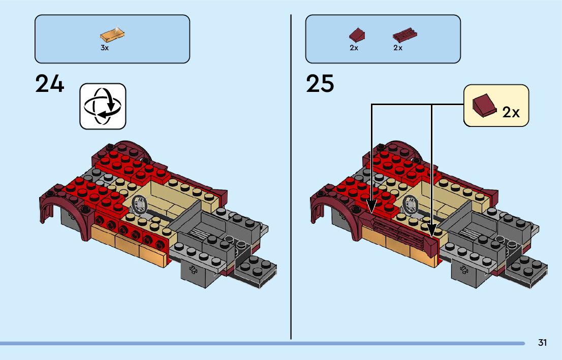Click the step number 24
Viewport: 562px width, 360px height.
(50, 84)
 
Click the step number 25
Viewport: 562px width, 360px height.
(320, 84)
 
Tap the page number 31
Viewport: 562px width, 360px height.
(542, 343)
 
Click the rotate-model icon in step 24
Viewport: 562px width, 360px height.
(103, 106)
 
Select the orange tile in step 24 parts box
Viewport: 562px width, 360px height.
(113, 35)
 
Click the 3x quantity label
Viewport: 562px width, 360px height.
(105, 48)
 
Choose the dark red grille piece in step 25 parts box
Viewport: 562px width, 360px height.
(404, 36)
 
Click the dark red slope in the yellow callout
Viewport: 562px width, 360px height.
(483, 105)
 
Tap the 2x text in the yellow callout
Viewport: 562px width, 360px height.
(511, 112)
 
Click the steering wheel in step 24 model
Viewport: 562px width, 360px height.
(140, 205)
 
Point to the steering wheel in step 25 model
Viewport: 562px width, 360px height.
(411, 205)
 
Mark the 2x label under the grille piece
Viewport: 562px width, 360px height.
(398, 48)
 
